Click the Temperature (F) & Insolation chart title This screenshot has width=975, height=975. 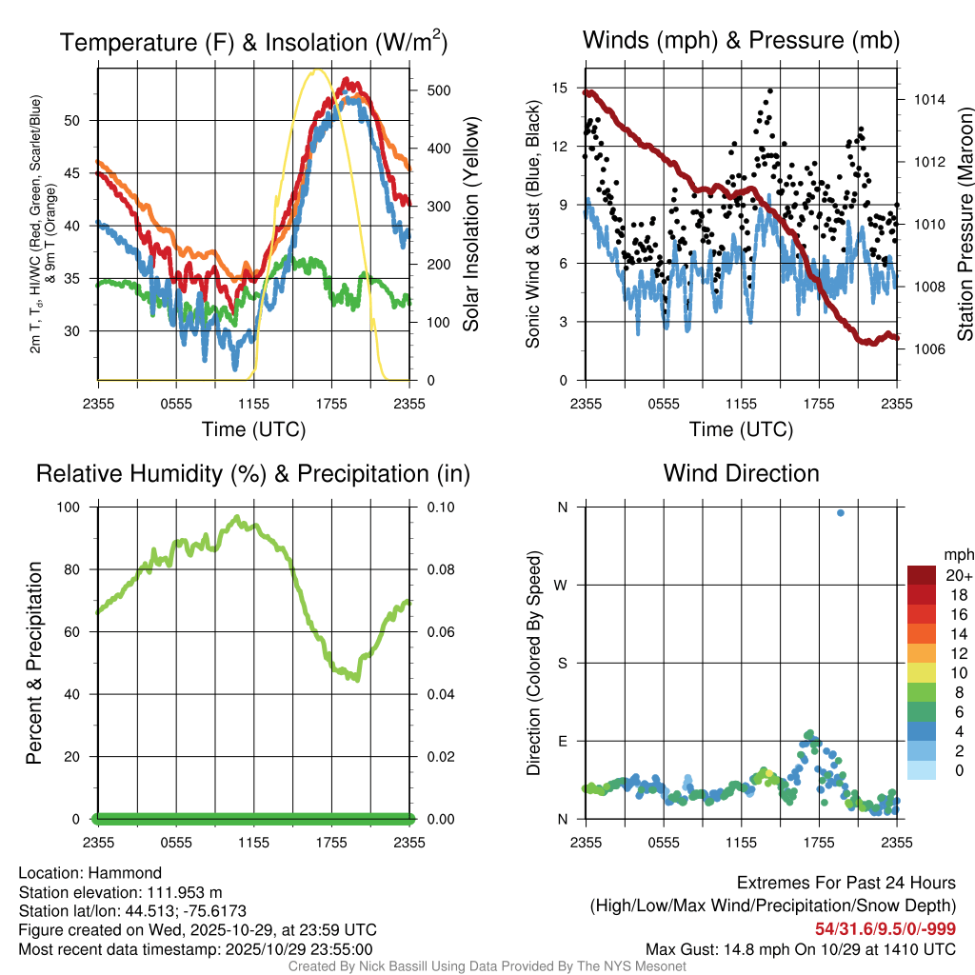point(253,43)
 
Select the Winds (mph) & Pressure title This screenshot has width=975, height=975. point(741,41)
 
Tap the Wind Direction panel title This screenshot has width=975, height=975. point(741,473)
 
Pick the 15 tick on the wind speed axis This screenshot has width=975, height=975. point(559,88)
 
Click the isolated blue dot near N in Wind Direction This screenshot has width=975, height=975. point(841,513)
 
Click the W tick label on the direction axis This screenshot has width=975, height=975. point(562,585)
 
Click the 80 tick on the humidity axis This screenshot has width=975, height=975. point(78,569)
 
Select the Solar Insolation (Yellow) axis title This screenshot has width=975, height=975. point(470,225)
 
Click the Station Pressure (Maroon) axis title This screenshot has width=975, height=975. point(965,225)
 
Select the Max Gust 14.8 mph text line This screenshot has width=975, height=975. point(800,948)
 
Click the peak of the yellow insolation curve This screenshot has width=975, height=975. point(317,70)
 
